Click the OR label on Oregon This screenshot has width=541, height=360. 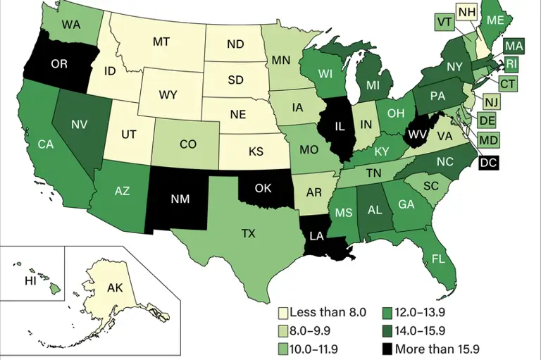point(59,63)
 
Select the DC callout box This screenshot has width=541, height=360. point(488,163)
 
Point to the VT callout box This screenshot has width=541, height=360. point(444,21)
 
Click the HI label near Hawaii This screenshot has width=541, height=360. point(30,280)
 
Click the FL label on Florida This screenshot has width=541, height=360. point(438,259)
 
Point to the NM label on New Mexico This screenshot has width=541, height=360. point(180,199)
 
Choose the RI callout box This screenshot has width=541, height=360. point(512,65)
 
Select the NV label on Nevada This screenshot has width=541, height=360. point(79,123)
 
